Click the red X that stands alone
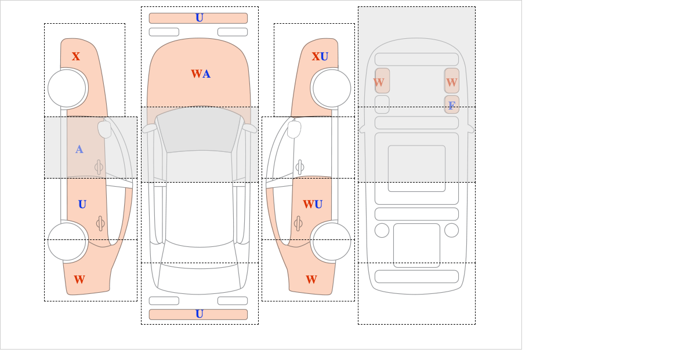click(76, 57)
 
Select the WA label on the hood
click(201, 74)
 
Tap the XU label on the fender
click(320, 57)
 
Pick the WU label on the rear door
click(313, 205)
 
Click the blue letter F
click(452, 106)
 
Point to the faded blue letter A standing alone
click(79, 150)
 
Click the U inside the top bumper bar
click(200, 18)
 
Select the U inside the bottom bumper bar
click(200, 314)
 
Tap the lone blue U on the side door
click(82, 205)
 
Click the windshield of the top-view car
click(199, 130)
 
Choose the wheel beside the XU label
click(332, 89)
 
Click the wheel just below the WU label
click(332, 241)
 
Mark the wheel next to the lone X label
click(67, 89)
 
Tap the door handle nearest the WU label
click(298, 223)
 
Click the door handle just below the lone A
click(99, 168)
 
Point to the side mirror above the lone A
click(104, 129)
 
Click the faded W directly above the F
click(452, 83)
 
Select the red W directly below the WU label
click(311, 279)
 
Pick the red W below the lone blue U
click(79, 279)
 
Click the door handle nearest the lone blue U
click(100, 223)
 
